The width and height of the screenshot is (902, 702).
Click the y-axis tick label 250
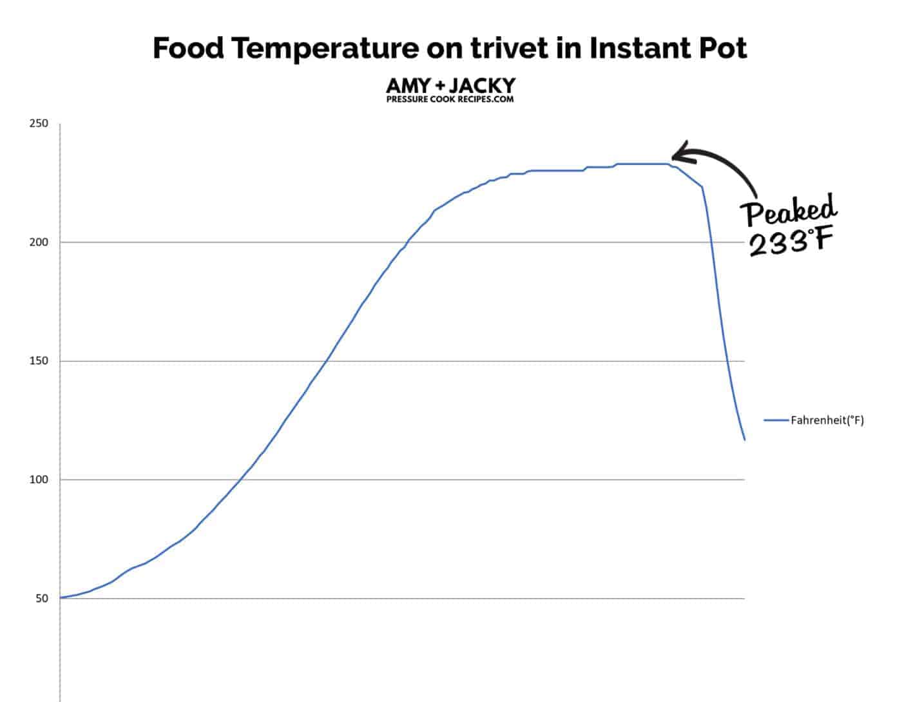[x=39, y=124]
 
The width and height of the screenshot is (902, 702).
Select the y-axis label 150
[x=39, y=361]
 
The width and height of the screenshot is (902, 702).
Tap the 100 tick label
[x=39, y=480]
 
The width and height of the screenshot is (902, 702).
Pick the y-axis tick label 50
[x=41, y=598]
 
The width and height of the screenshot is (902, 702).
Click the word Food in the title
[x=188, y=48]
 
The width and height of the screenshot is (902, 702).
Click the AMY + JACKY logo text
[x=450, y=85]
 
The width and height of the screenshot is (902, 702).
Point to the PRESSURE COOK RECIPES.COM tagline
[x=450, y=99]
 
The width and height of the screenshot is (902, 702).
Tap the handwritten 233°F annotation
[x=791, y=243]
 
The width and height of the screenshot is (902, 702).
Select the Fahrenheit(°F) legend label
[x=827, y=420]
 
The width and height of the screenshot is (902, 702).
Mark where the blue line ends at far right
[x=745, y=440]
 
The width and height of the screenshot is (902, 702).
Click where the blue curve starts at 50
[x=61, y=598]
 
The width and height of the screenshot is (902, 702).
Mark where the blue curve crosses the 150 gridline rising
[x=325, y=361]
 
